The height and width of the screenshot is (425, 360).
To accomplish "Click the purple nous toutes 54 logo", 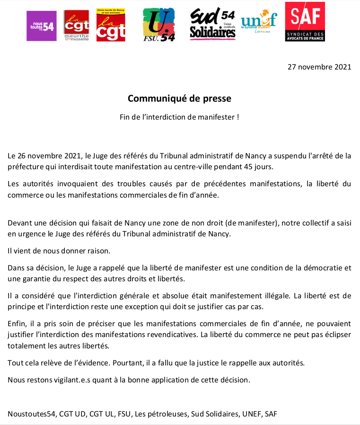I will pos(41,26).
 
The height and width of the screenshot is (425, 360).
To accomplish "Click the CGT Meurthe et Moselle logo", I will pos(75,26).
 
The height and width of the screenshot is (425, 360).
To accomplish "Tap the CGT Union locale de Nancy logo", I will pos(111,25).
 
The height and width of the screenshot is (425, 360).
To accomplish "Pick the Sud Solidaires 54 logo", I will pos(213,24).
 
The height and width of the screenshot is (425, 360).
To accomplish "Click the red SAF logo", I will pos(305,21).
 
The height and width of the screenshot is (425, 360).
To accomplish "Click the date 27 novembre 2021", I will pos(319,67).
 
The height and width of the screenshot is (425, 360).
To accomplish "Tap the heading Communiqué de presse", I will pos(179,98).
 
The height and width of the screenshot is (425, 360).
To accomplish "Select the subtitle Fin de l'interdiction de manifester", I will pos(179,117).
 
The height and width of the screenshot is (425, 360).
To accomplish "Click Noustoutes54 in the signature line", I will pos(31,414).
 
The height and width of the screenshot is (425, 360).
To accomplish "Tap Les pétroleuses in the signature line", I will pos(160,414).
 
